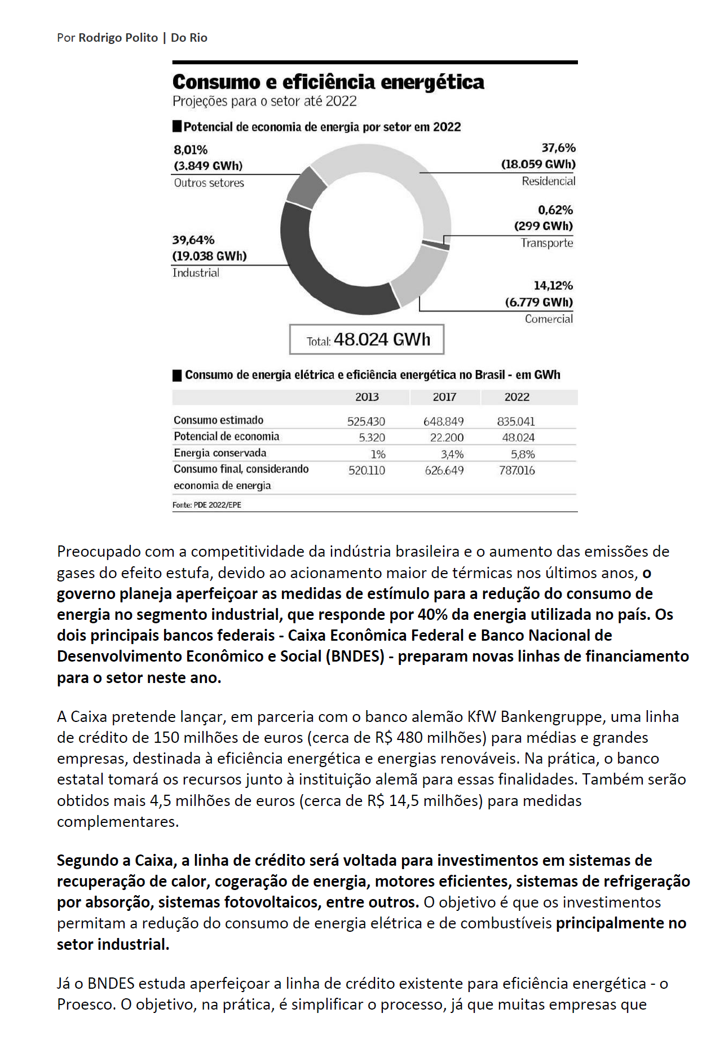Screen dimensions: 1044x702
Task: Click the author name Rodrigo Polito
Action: tap(118, 38)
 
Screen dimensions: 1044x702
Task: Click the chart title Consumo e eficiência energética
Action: tap(328, 82)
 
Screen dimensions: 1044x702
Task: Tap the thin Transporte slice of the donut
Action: tap(436, 244)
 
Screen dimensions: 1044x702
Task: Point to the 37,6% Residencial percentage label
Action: tap(558, 148)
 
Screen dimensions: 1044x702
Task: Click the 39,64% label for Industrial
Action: tap(193, 240)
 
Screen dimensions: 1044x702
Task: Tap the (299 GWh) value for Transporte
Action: tap(543, 226)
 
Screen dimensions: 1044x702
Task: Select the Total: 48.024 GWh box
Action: tap(367, 340)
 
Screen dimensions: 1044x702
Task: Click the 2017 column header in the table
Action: tap(444, 397)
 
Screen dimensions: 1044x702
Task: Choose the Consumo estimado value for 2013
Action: tap(366, 421)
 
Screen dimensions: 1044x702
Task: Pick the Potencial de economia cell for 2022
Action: tap(518, 438)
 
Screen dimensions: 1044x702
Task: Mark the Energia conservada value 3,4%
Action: tap(452, 454)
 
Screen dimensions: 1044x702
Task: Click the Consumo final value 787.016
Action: tap(516, 470)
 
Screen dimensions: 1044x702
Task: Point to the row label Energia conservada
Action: tap(220, 453)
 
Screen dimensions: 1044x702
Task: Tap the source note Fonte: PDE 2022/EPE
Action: tap(206, 505)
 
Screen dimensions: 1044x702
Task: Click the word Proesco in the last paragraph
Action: tap(85, 1005)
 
